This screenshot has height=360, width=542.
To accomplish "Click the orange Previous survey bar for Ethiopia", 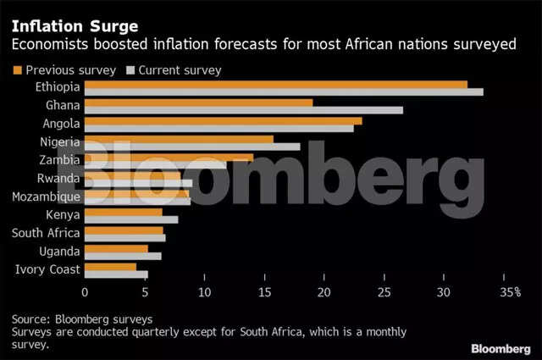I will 276,84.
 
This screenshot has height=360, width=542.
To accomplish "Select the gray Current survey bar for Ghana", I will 244,109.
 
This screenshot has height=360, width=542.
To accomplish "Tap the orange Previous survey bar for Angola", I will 224,121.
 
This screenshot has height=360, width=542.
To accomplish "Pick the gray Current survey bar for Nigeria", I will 192,147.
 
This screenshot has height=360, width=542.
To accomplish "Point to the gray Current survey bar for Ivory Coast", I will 116,274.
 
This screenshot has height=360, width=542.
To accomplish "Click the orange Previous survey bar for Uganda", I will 116,248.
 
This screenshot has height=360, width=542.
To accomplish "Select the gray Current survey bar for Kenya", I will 131,219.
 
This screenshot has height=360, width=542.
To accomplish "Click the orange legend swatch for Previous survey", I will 16,69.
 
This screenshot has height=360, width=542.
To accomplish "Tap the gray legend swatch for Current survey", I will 130,69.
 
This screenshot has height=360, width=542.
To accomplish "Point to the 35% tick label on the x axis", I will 509,292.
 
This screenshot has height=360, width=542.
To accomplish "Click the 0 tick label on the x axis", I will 85,292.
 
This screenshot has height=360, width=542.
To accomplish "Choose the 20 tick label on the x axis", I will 324,292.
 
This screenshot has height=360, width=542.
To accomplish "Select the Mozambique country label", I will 47,197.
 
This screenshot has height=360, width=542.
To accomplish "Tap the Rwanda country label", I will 58,178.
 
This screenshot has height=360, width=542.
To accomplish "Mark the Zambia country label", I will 59,160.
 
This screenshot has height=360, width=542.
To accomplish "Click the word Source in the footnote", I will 30,319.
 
